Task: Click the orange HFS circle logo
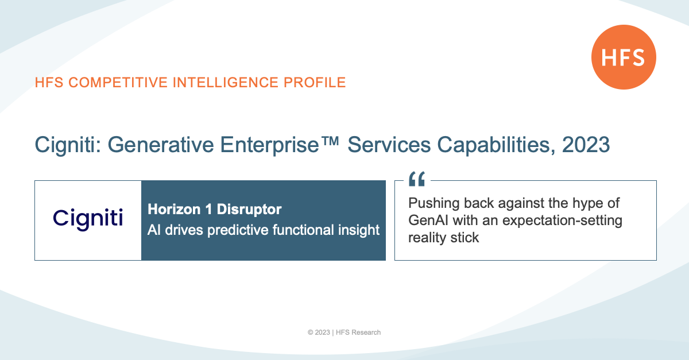[624, 57]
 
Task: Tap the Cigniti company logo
[88, 219]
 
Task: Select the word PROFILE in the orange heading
[315, 83]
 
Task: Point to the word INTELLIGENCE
[226, 83]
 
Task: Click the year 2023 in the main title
[586, 145]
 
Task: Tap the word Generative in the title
[161, 145]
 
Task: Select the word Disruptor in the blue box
[249, 209]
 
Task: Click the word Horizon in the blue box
[174, 209]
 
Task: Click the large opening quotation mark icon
[417, 179]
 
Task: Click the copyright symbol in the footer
[311, 332]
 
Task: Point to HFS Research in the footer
[358, 332]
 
